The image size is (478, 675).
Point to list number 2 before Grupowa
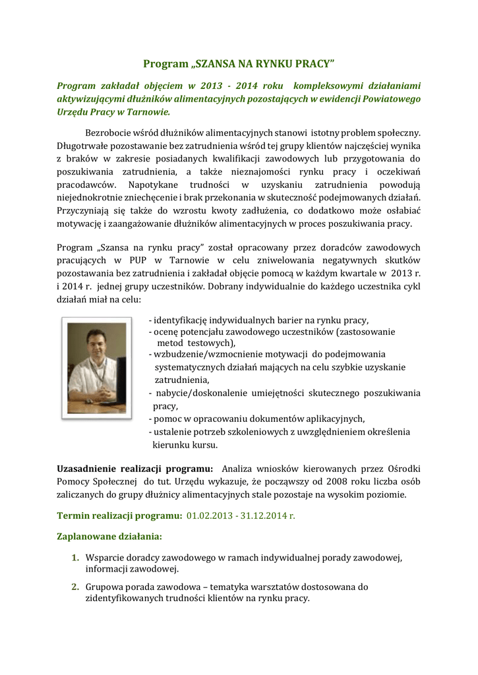(76, 586)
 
